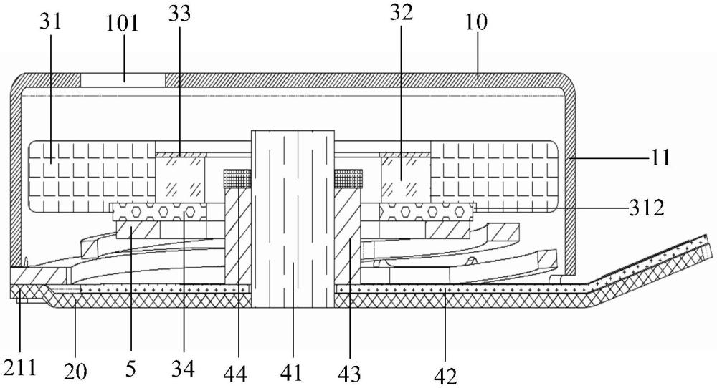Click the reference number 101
click(x=122, y=22)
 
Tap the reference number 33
click(x=179, y=14)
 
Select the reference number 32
click(x=401, y=14)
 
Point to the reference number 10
click(x=477, y=22)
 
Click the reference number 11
click(x=660, y=158)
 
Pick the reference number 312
click(x=646, y=208)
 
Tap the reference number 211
click(x=19, y=367)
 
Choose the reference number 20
click(x=75, y=371)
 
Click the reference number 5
click(x=130, y=369)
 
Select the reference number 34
click(x=183, y=369)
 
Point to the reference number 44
click(x=235, y=374)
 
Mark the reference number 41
click(x=291, y=372)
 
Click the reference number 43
click(x=349, y=374)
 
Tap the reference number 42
click(x=446, y=376)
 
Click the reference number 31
click(x=50, y=21)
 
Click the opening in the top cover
click(x=123, y=80)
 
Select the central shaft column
click(x=293, y=218)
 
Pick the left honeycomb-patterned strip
click(x=159, y=212)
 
